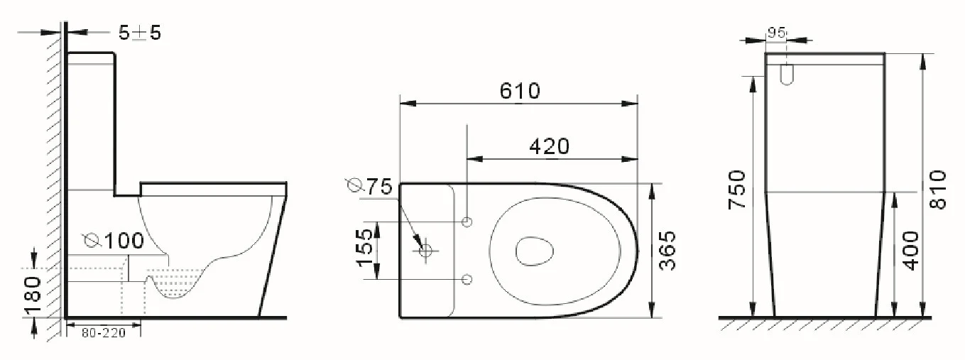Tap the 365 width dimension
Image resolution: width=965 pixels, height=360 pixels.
click(667, 250)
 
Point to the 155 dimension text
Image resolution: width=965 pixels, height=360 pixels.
click(364, 246)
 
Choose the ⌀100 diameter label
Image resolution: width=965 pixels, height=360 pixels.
click(114, 241)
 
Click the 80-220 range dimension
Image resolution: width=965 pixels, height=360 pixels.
click(104, 332)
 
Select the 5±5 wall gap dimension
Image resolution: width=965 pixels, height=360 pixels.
click(139, 33)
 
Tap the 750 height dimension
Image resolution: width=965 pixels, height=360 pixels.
click(738, 189)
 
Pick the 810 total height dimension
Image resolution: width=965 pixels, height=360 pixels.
click(937, 189)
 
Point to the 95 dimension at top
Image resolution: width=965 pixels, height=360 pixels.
click(776, 33)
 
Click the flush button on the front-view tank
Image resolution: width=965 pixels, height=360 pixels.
click(786, 75)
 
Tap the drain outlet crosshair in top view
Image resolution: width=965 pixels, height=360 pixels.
click(426, 251)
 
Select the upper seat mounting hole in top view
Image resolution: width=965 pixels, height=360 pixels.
click(467, 222)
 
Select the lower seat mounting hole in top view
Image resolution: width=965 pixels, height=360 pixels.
click(467, 278)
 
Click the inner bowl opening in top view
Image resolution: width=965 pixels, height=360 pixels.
click(535, 250)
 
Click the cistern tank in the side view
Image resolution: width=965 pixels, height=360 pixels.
click(91, 121)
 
